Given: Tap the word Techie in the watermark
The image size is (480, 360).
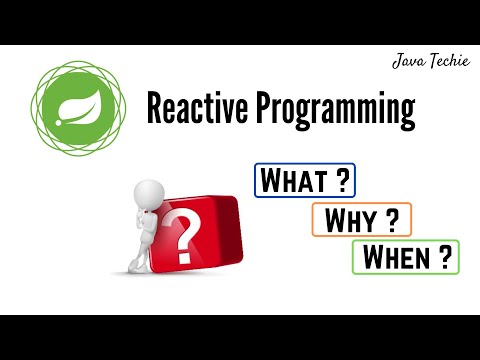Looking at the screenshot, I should [x=444, y=61].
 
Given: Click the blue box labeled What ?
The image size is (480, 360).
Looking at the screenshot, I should [x=306, y=181].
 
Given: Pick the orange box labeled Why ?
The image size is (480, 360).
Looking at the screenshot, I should [x=362, y=219].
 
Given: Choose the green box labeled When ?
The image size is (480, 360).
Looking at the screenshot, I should [x=406, y=257].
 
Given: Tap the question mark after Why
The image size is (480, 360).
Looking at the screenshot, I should [x=393, y=219].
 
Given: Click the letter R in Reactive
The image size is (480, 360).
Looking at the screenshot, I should [x=156, y=108].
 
